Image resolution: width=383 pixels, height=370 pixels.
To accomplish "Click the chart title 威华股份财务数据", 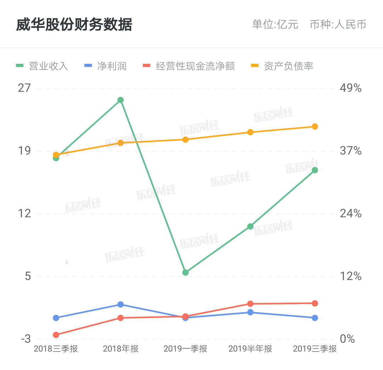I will pos(74,25).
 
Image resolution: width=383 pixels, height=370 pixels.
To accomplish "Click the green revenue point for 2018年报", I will pos(121,100).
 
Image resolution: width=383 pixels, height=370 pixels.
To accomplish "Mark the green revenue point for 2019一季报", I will pos(185,273).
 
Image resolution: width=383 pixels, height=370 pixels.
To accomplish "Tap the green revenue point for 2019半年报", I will pos(250,226).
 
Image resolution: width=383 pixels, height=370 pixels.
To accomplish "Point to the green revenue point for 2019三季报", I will pos(315,170).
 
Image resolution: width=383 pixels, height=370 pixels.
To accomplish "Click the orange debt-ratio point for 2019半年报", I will pos(250,132).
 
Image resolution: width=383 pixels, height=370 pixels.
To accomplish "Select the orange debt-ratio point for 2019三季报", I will pos(315,127).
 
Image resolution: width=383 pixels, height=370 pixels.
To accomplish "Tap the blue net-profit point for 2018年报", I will pos(121,304).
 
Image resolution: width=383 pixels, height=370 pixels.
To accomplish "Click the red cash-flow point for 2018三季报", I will pos(56,335).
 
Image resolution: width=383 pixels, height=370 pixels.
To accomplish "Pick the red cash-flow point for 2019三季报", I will pos(315,303).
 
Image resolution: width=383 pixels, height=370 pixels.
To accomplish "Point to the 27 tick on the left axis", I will pos(24,88).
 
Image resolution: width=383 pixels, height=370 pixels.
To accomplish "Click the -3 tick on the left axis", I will pos(26,339).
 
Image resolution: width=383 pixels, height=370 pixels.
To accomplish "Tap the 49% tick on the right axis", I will pos(351,88).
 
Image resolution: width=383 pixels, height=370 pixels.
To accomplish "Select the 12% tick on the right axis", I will pos(351,276).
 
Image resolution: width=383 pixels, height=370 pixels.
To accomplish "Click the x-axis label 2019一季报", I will pos(185,349).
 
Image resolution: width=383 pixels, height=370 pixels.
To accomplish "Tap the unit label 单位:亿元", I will pos(275,25).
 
